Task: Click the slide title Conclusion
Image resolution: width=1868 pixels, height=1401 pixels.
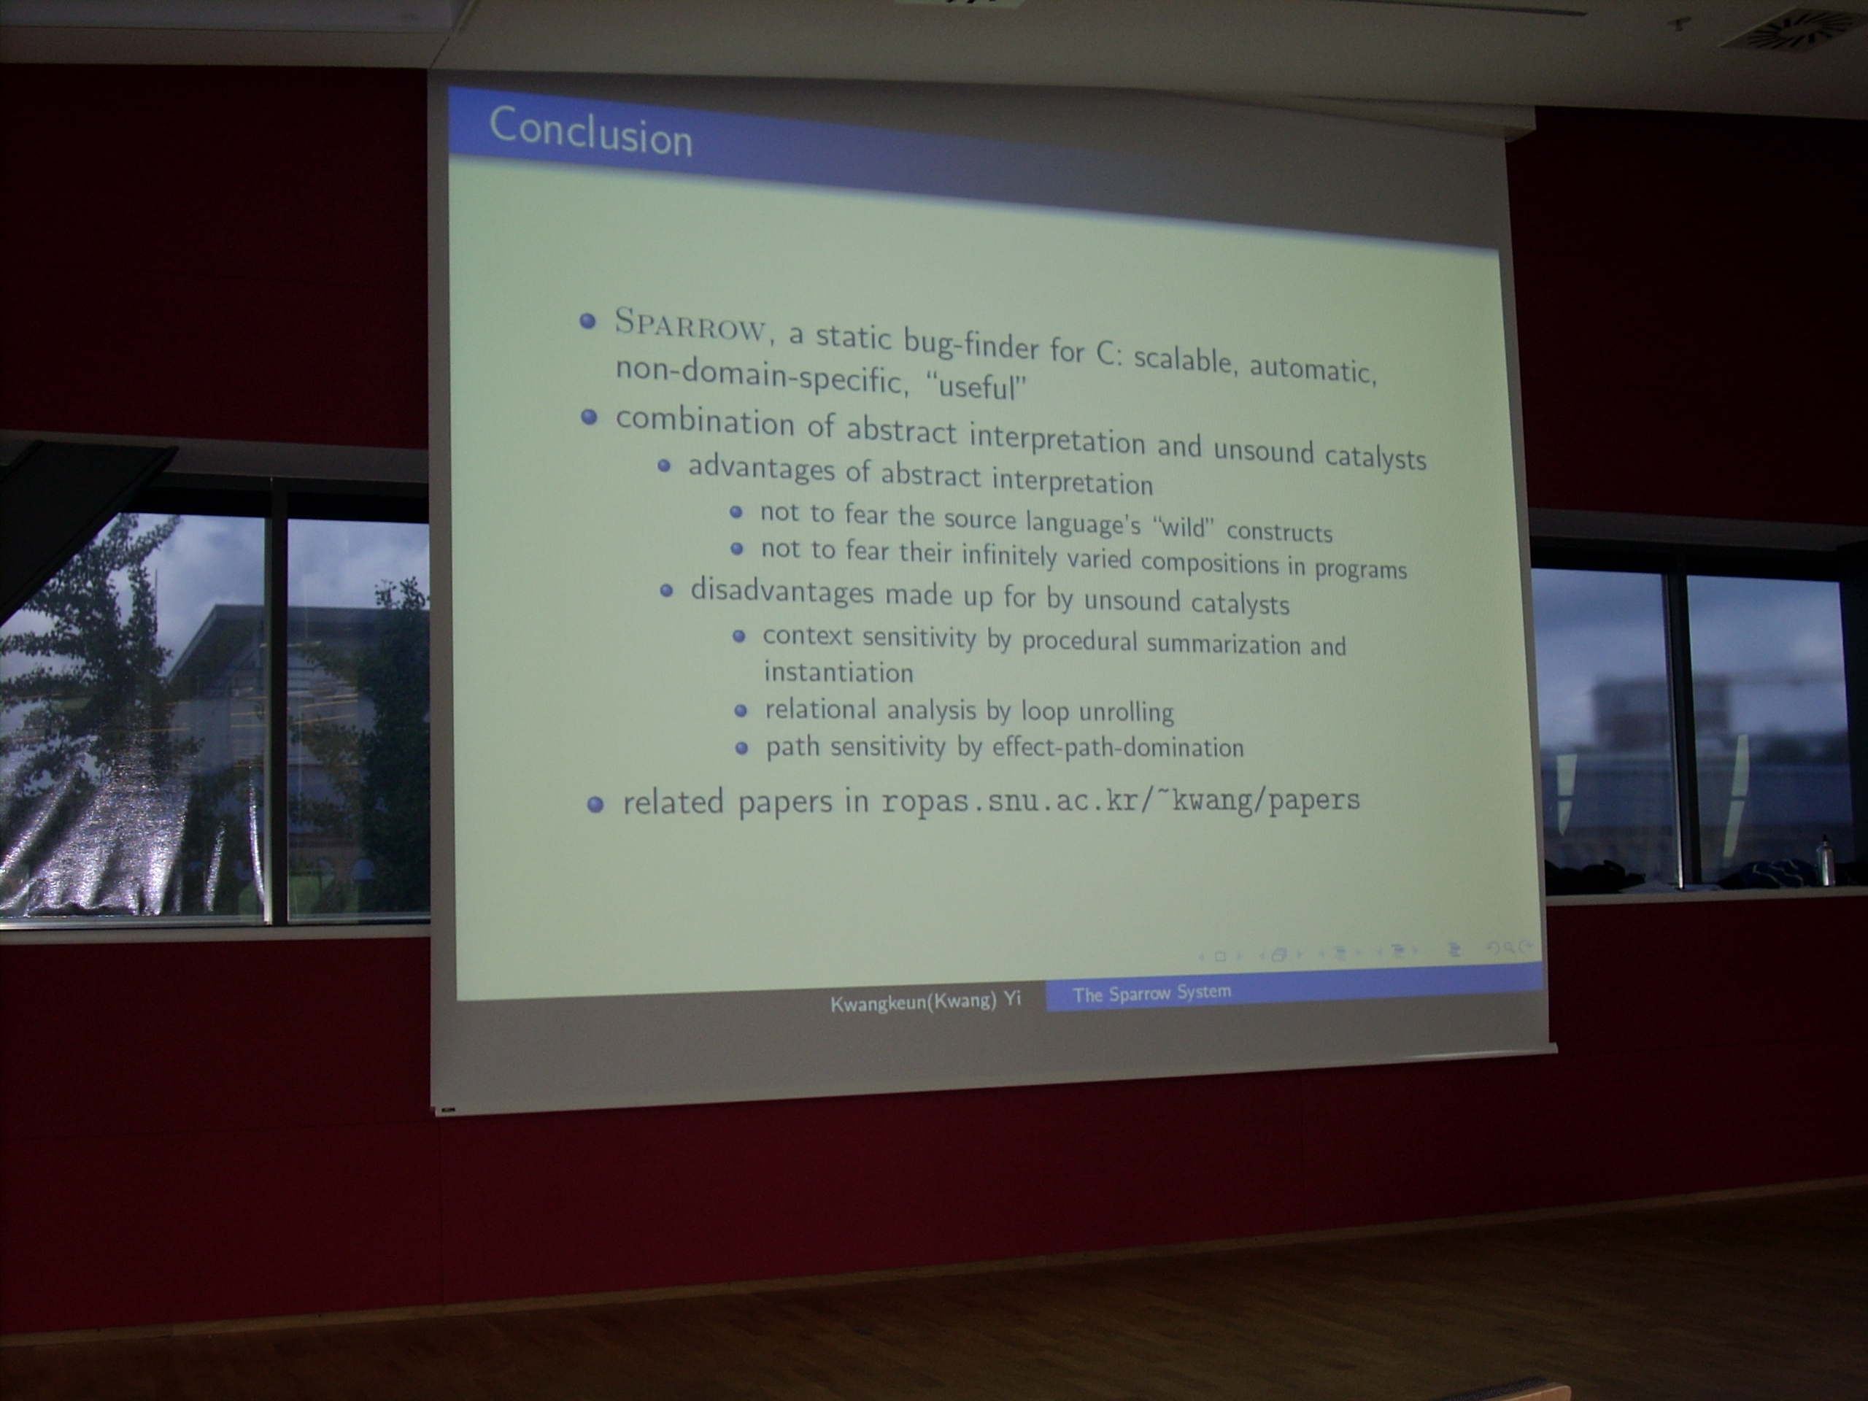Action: [x=590, y=133]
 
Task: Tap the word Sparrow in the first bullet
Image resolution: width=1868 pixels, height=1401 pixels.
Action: [x=691, y=326]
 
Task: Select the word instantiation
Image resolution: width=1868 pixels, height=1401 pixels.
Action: [x=838, y=672]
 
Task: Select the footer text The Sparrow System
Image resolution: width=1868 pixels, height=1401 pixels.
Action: [x=1152, y=993]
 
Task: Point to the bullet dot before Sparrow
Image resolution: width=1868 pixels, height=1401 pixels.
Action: [x=589, y=322]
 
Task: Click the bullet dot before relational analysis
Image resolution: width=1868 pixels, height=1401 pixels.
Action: [x=741, y=710]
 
